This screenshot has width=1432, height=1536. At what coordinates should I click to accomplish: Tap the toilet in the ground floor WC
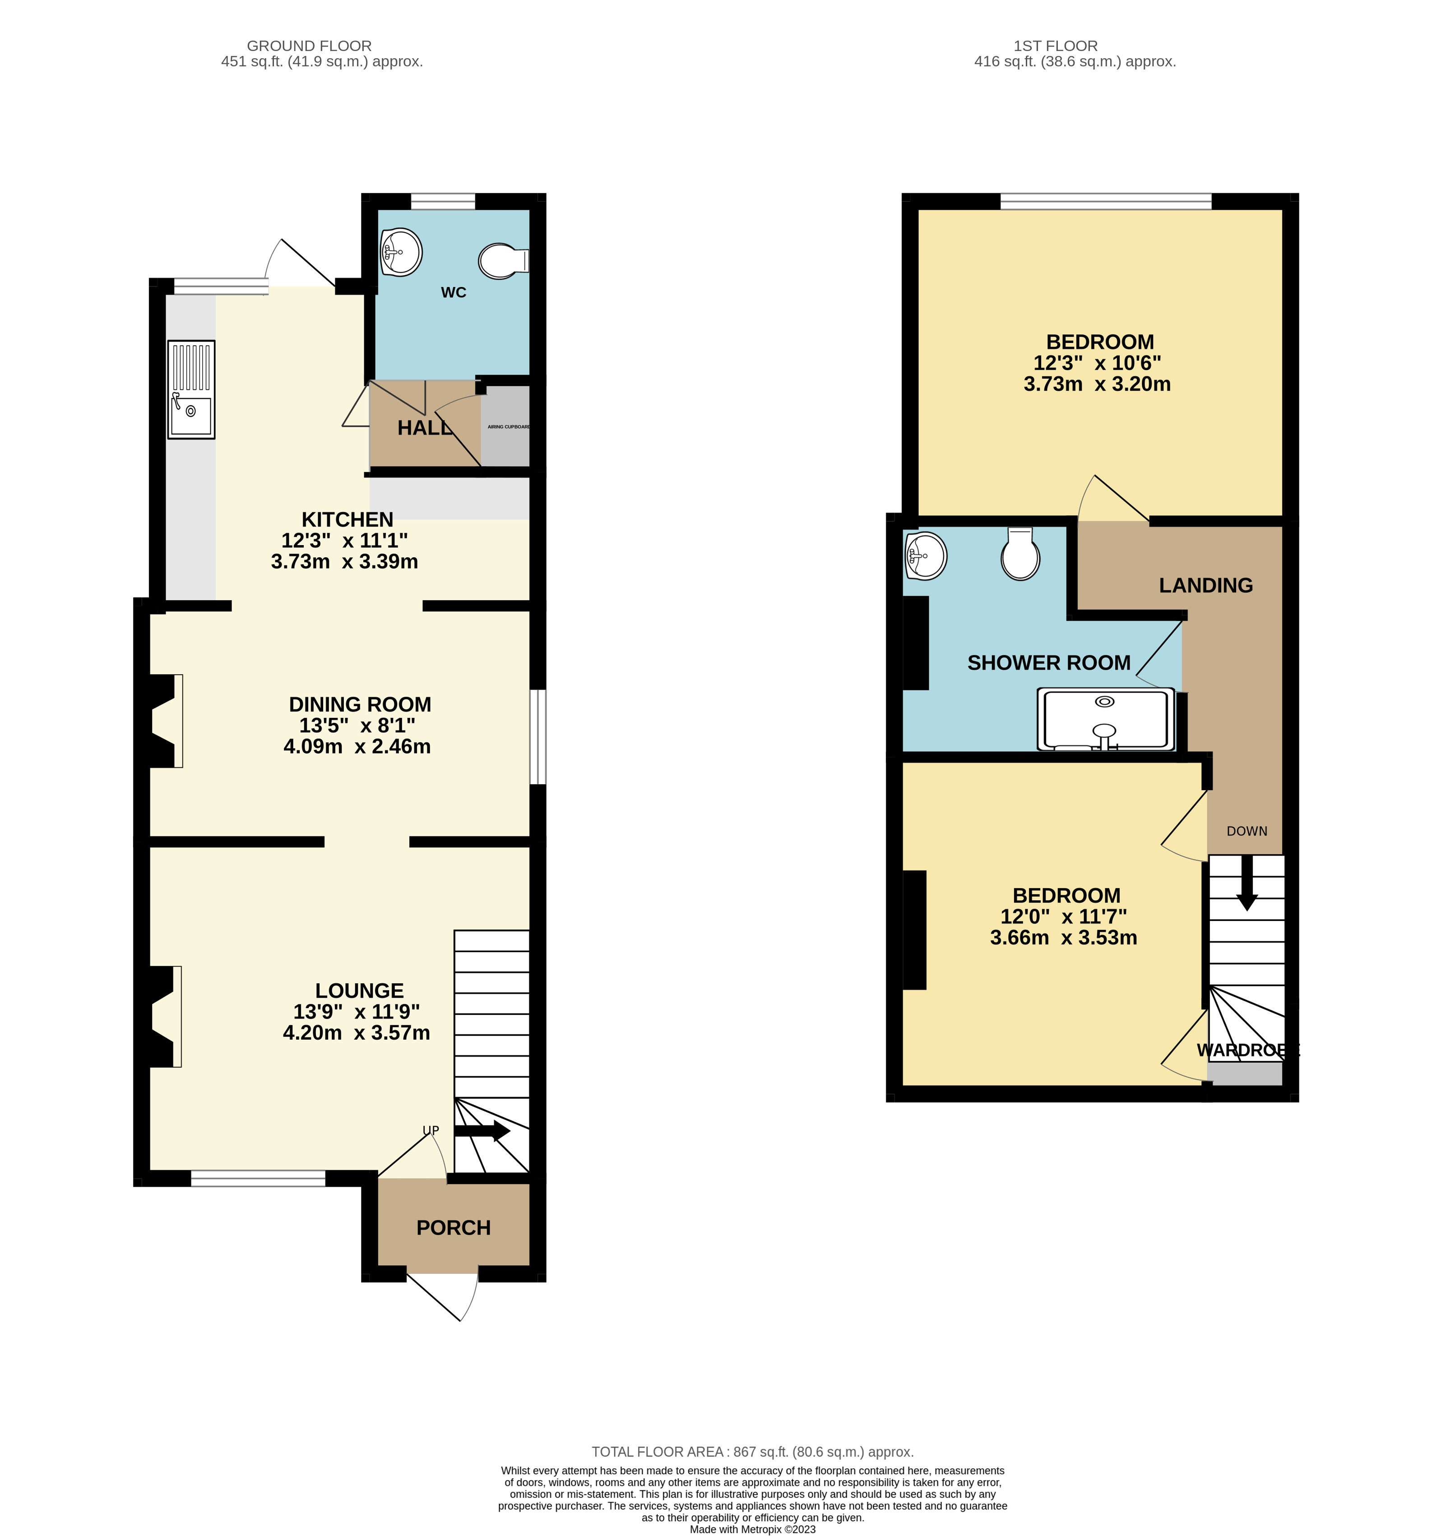(501, 261)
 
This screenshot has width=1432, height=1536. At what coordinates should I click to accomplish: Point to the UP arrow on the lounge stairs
(482, 1131)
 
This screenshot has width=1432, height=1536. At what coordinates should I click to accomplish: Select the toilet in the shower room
(1020, 554)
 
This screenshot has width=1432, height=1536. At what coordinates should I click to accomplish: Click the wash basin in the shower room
(925, 555)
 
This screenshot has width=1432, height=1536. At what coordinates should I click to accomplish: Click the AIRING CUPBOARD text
(508, 426)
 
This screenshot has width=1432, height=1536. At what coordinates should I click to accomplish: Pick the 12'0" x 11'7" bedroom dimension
(1063, 916)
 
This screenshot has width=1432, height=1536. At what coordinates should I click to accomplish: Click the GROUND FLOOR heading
(309, 46)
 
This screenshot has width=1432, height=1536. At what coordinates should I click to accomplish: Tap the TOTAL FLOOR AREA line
(752, 1452)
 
